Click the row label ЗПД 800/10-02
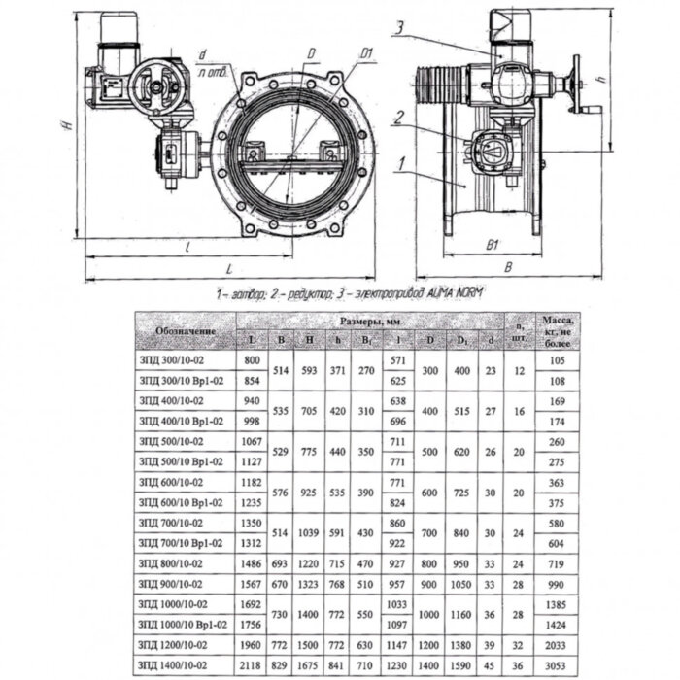(175, 563)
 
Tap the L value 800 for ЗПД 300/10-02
(252, 360)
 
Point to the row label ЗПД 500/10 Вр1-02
(182, 461)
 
